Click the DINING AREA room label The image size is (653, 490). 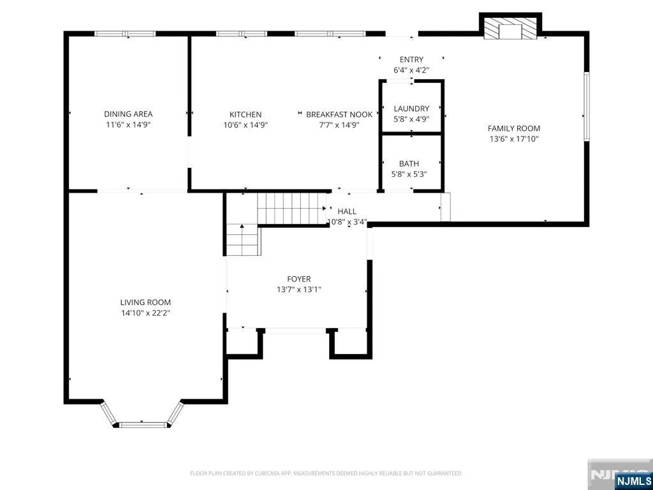click(128, 114)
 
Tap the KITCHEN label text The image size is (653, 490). click(246, 115)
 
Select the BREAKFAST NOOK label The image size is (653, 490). click(339, 115)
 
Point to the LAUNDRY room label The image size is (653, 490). click(411, 108)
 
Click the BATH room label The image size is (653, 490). click(409, 164)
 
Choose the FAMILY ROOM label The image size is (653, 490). click(514, 129)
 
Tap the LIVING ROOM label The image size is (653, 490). click(145, 302)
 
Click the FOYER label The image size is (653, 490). click(298, 279)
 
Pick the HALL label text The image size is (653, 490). click(347, 212)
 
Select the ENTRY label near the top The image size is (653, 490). click(411, 59)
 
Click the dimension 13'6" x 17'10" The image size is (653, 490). click(514, 139)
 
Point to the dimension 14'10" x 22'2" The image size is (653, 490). click(145, 313)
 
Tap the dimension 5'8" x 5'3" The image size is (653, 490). click(409, 174)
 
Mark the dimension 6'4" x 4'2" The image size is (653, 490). click(411, 70)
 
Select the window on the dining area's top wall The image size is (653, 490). click(125, 34)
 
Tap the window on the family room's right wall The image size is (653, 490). click(587, 107)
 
